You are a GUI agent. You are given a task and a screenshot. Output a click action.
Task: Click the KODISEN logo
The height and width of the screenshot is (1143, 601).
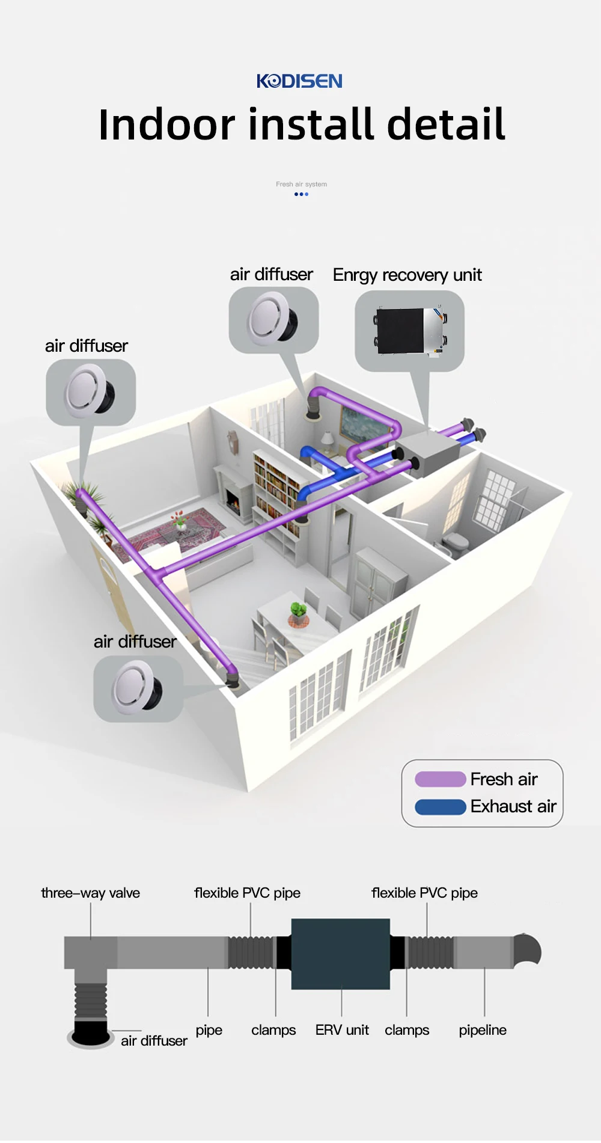click(299, 81)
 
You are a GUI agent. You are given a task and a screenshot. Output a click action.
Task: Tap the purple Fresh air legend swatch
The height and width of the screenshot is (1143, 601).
click(440, 779)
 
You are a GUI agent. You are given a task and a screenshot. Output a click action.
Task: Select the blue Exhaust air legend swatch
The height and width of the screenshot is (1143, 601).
click(440, 807)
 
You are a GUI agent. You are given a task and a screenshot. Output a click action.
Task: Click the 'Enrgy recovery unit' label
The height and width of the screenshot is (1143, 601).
click(407, 275)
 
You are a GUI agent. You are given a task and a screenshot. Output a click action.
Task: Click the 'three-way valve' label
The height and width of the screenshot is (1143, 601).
click(90, 893)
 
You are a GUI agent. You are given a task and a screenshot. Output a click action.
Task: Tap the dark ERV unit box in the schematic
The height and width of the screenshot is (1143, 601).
click(340, 954)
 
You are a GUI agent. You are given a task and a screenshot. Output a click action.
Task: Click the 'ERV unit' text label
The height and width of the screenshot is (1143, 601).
click(342, 1030)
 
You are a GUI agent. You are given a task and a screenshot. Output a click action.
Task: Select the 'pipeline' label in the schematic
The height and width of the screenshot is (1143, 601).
click(483, 1030)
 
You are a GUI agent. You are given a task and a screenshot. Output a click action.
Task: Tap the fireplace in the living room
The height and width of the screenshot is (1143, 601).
click(232, 500)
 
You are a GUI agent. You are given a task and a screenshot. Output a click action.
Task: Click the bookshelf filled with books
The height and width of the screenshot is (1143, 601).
click(276, 487)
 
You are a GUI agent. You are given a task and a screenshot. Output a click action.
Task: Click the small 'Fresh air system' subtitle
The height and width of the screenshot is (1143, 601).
click(301, 184)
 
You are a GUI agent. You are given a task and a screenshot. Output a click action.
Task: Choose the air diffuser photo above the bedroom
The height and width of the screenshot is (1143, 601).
click(273, 319)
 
